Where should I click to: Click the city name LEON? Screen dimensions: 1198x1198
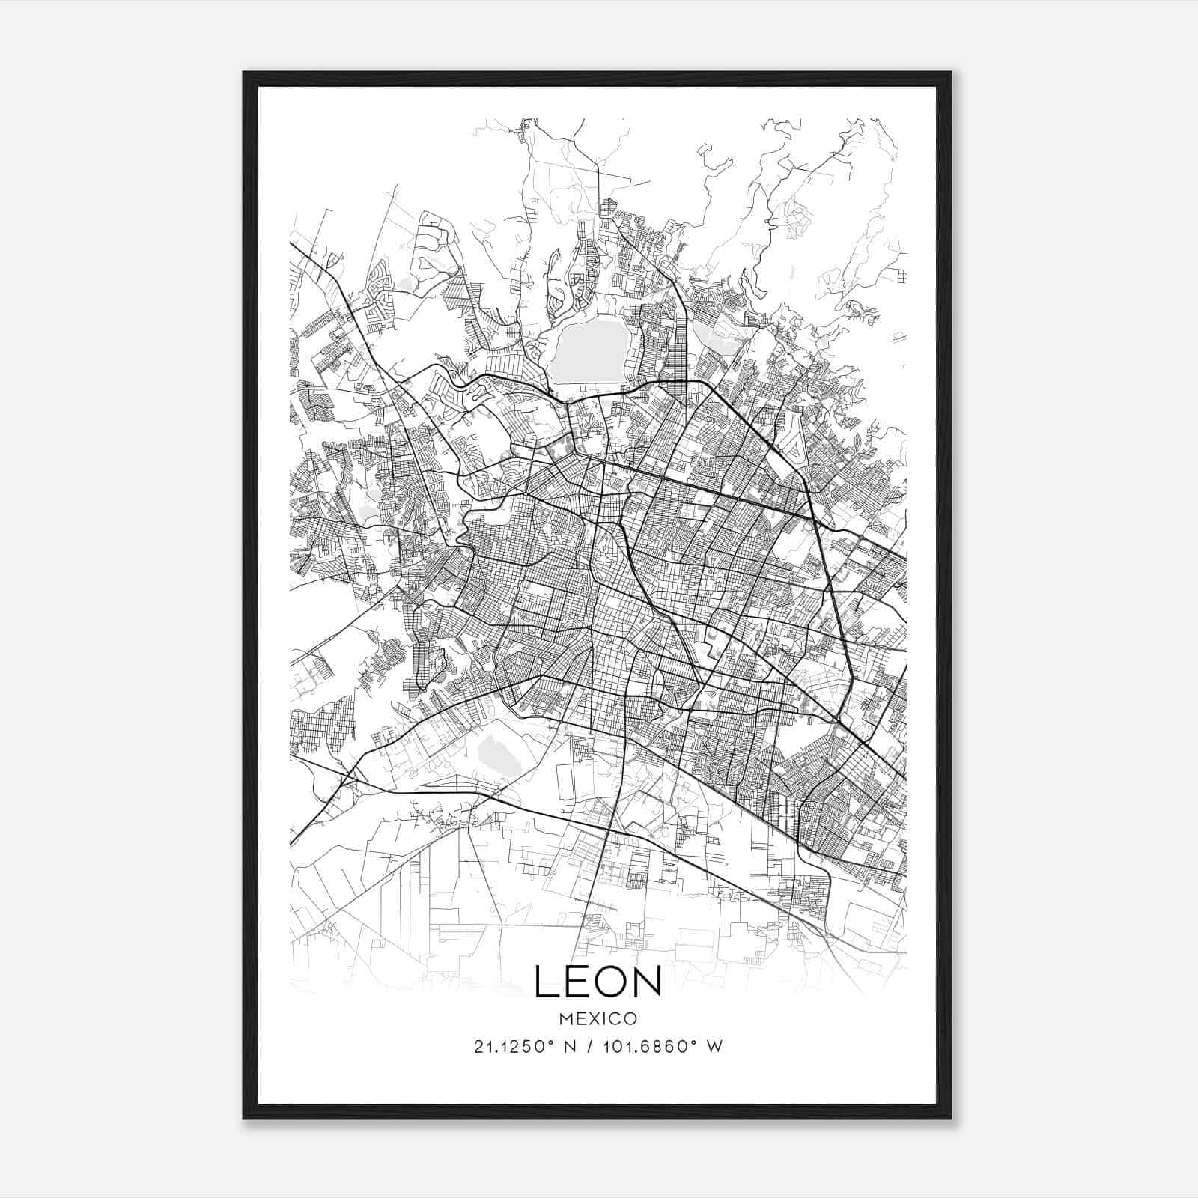[x=598, y=982]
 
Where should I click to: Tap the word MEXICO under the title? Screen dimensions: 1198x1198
[x=598, y=1018]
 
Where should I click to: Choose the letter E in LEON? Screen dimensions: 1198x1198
[x=577, y=982]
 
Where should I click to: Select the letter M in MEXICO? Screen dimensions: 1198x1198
[x=565, y=1018]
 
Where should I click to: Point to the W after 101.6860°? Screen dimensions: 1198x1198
[x=715, y=1047]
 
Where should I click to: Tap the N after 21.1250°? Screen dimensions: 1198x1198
[x=568, y=1047]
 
